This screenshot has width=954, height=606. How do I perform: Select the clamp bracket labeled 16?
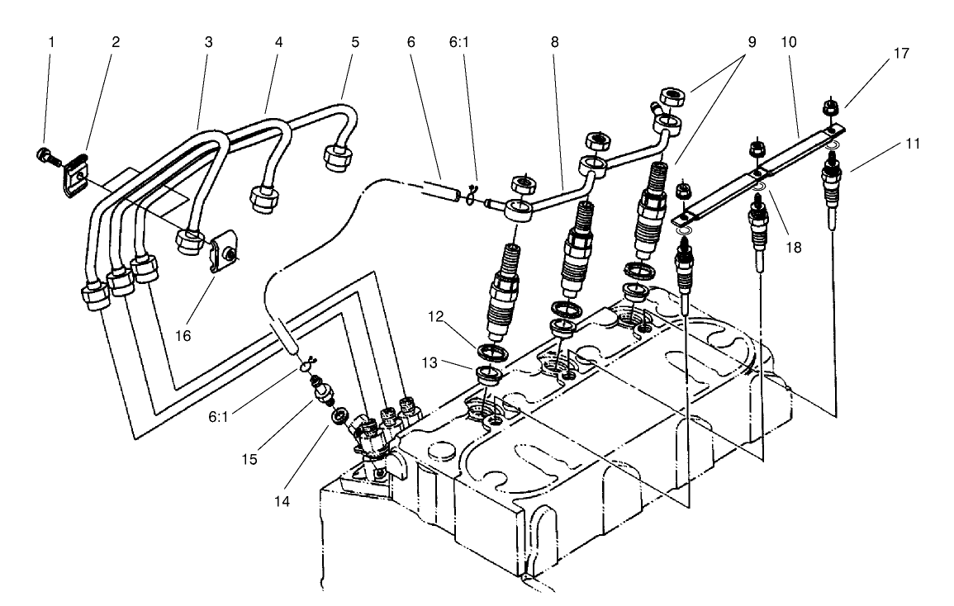pos(223,253)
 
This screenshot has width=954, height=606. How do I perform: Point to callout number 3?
pos(209,41)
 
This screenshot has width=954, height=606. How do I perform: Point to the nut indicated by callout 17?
pos(830,107)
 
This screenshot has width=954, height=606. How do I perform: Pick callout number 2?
pos(116,41)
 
